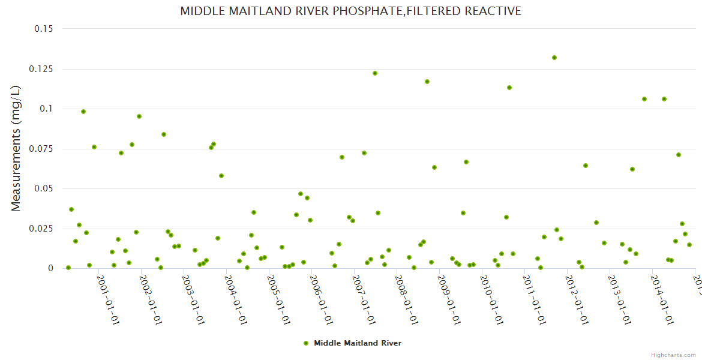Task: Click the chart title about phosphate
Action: (x=350, y=11)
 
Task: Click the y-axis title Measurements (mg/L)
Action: (x=16, y=148)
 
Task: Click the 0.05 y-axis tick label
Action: (x=43, y=188)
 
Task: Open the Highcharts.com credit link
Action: (x=673, y=355)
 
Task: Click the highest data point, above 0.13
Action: (x=554, y=58)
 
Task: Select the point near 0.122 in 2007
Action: (x=375, y=73)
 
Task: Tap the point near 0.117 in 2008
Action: (x=427, y=82)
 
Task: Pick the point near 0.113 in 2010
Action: (x=509, y=88)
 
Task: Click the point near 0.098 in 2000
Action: (x=83, y=112)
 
